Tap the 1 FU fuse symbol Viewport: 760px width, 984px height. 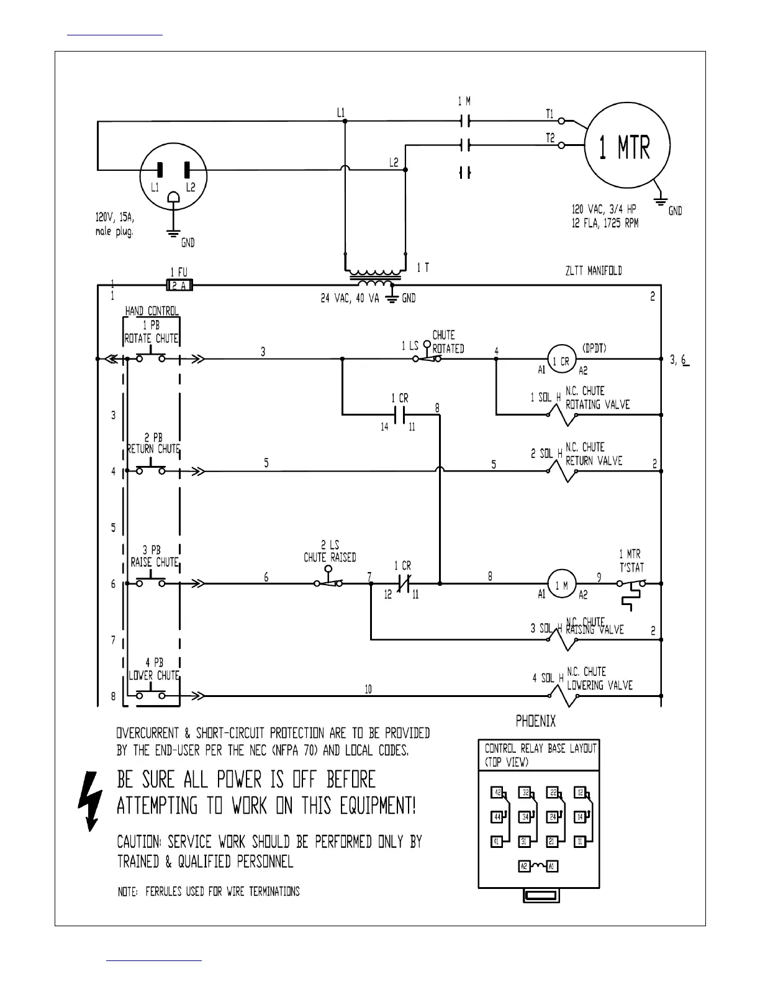point(180,285)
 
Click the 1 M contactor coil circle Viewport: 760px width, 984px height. point(561,584)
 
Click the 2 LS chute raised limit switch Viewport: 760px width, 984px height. point(330,582)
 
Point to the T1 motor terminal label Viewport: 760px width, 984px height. point(550,114)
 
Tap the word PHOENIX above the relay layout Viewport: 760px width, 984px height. point(536,721)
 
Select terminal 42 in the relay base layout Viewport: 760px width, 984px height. point(497,793)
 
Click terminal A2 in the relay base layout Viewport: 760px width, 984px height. point(524,866)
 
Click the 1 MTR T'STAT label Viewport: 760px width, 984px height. point(631,560)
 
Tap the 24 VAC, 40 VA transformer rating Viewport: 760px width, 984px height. point(350,299)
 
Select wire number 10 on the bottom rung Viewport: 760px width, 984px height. point(368,689)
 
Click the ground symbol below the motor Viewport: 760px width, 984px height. point(661,199)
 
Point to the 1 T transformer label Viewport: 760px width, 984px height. point(423,268)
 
